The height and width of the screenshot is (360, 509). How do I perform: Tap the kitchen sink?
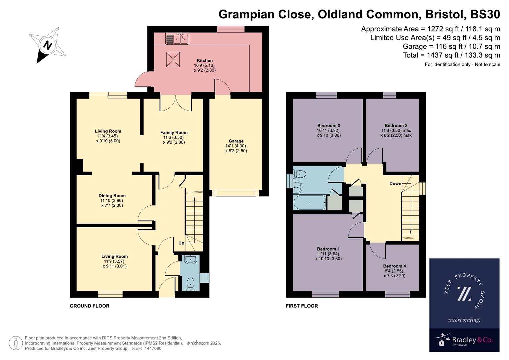(x=177, y=39)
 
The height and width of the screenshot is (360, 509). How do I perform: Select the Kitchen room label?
(x=205, y=61)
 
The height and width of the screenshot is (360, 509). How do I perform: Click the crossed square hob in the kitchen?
(x=173, y=59)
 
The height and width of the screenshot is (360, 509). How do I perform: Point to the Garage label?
(x=236, y=141)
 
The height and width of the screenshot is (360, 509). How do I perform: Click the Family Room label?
(x=174, y=132)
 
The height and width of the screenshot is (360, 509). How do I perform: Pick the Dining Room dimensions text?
(x=112, y=203)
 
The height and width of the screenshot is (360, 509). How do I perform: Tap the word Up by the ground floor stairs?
(x=181, y=243)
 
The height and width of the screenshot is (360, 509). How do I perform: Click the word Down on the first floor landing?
(x=395, y=184)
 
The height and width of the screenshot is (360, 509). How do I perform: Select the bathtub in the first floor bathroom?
(x=309, y=203)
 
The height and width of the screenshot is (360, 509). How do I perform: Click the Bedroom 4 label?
(x=394, y=266)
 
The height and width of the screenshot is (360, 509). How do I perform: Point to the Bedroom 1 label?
(x=328, y=249)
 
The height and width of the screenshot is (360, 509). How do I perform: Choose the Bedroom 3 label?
(x=328, y=126)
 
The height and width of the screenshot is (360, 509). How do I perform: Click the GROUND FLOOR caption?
(x=89, y=306)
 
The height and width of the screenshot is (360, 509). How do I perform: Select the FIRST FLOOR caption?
(x=302, y=306)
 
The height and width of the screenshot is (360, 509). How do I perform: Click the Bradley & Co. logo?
(x=464, y=340)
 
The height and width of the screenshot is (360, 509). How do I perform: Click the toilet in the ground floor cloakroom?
(x=190, y=284)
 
